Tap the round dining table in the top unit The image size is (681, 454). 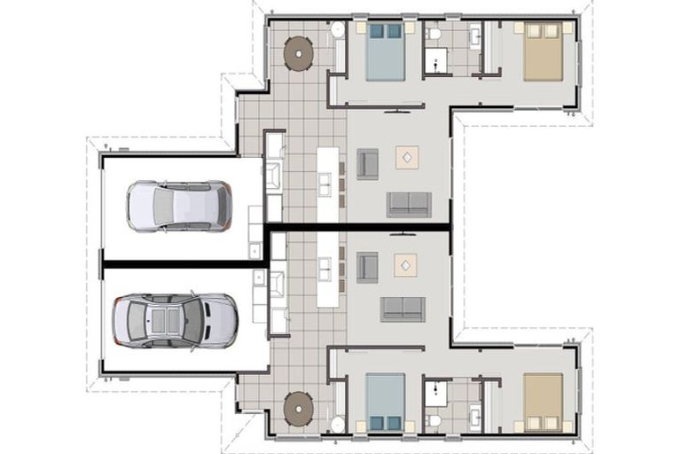pyautogui.click(x=298, y=53)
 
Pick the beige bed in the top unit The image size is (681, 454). pyautogui.click(x=542, y=52)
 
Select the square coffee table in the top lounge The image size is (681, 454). pyautogui.click(x=407, y=157)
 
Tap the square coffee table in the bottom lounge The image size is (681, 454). pyautogui.click(x=407, y=264)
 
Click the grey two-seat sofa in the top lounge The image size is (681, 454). pyautogui.click(x=408, y=204)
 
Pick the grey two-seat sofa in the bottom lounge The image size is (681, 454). pyautogui.click(x=403, y=309)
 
